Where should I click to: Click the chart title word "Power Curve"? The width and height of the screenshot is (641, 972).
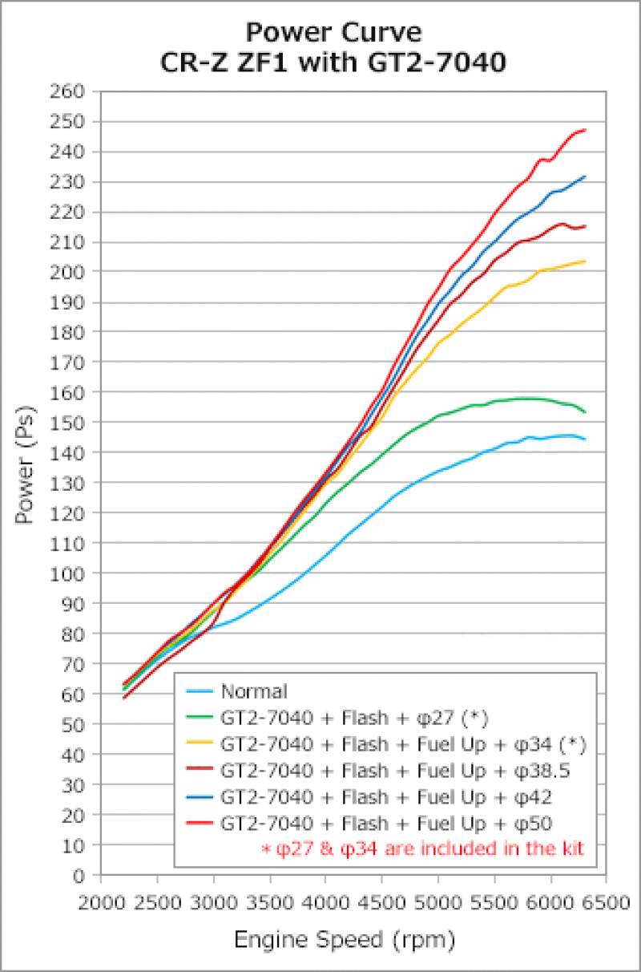[333, 32]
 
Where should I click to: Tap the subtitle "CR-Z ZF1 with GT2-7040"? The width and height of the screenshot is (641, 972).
[333, 62]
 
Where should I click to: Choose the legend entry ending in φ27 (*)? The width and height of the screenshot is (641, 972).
[353, 718]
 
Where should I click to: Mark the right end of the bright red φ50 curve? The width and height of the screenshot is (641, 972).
[585, 130]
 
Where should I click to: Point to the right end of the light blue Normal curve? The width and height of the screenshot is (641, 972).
[585, 439]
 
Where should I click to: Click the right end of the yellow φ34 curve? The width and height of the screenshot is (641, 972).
[585, 261]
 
